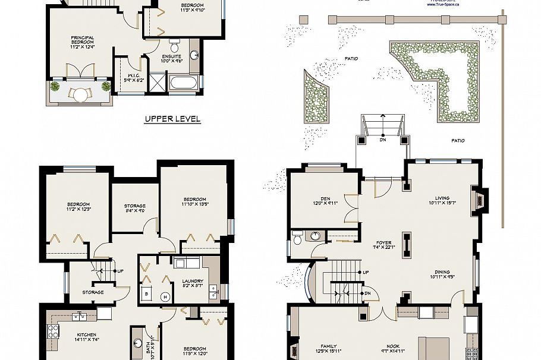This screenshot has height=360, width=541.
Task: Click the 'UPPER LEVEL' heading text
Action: coord(172,119)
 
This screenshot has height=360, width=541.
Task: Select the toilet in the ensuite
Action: coord(174,45)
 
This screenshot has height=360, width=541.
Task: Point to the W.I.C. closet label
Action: coord(133,78)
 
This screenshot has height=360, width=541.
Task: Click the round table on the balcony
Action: coord(80,93)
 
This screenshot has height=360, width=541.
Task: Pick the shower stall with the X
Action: coord(158,81)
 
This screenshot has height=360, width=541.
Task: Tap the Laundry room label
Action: coord(193,284)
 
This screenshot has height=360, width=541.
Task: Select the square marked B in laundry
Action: coord(146,293)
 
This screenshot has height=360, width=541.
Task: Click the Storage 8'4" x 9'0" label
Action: coord(135,208)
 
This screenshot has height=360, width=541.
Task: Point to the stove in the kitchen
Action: coord(53,333)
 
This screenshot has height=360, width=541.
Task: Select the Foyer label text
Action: coord(382,245)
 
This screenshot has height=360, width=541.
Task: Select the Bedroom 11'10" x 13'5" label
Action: coord(194,202)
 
